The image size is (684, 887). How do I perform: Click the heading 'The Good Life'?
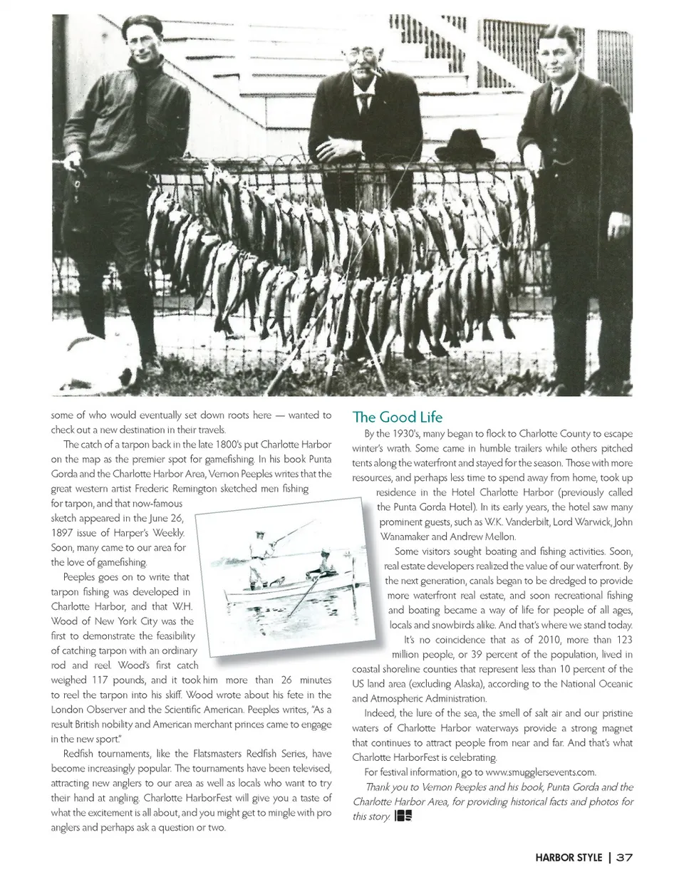[397, 417]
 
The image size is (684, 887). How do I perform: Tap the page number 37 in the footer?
[624, 857]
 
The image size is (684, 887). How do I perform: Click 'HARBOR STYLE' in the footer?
[569, 857]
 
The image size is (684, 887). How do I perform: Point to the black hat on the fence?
[465, 147]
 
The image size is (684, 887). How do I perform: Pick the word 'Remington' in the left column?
[251, 489]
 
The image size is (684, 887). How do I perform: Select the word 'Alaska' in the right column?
[470, 684]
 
